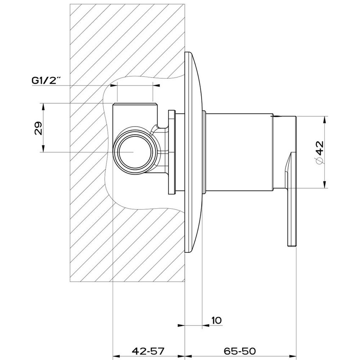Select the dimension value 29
(x=38, y=127)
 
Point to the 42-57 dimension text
(x=148, y=351)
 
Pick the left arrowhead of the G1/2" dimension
(x=113, y=86)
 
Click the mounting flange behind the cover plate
(x=172, y=152)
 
